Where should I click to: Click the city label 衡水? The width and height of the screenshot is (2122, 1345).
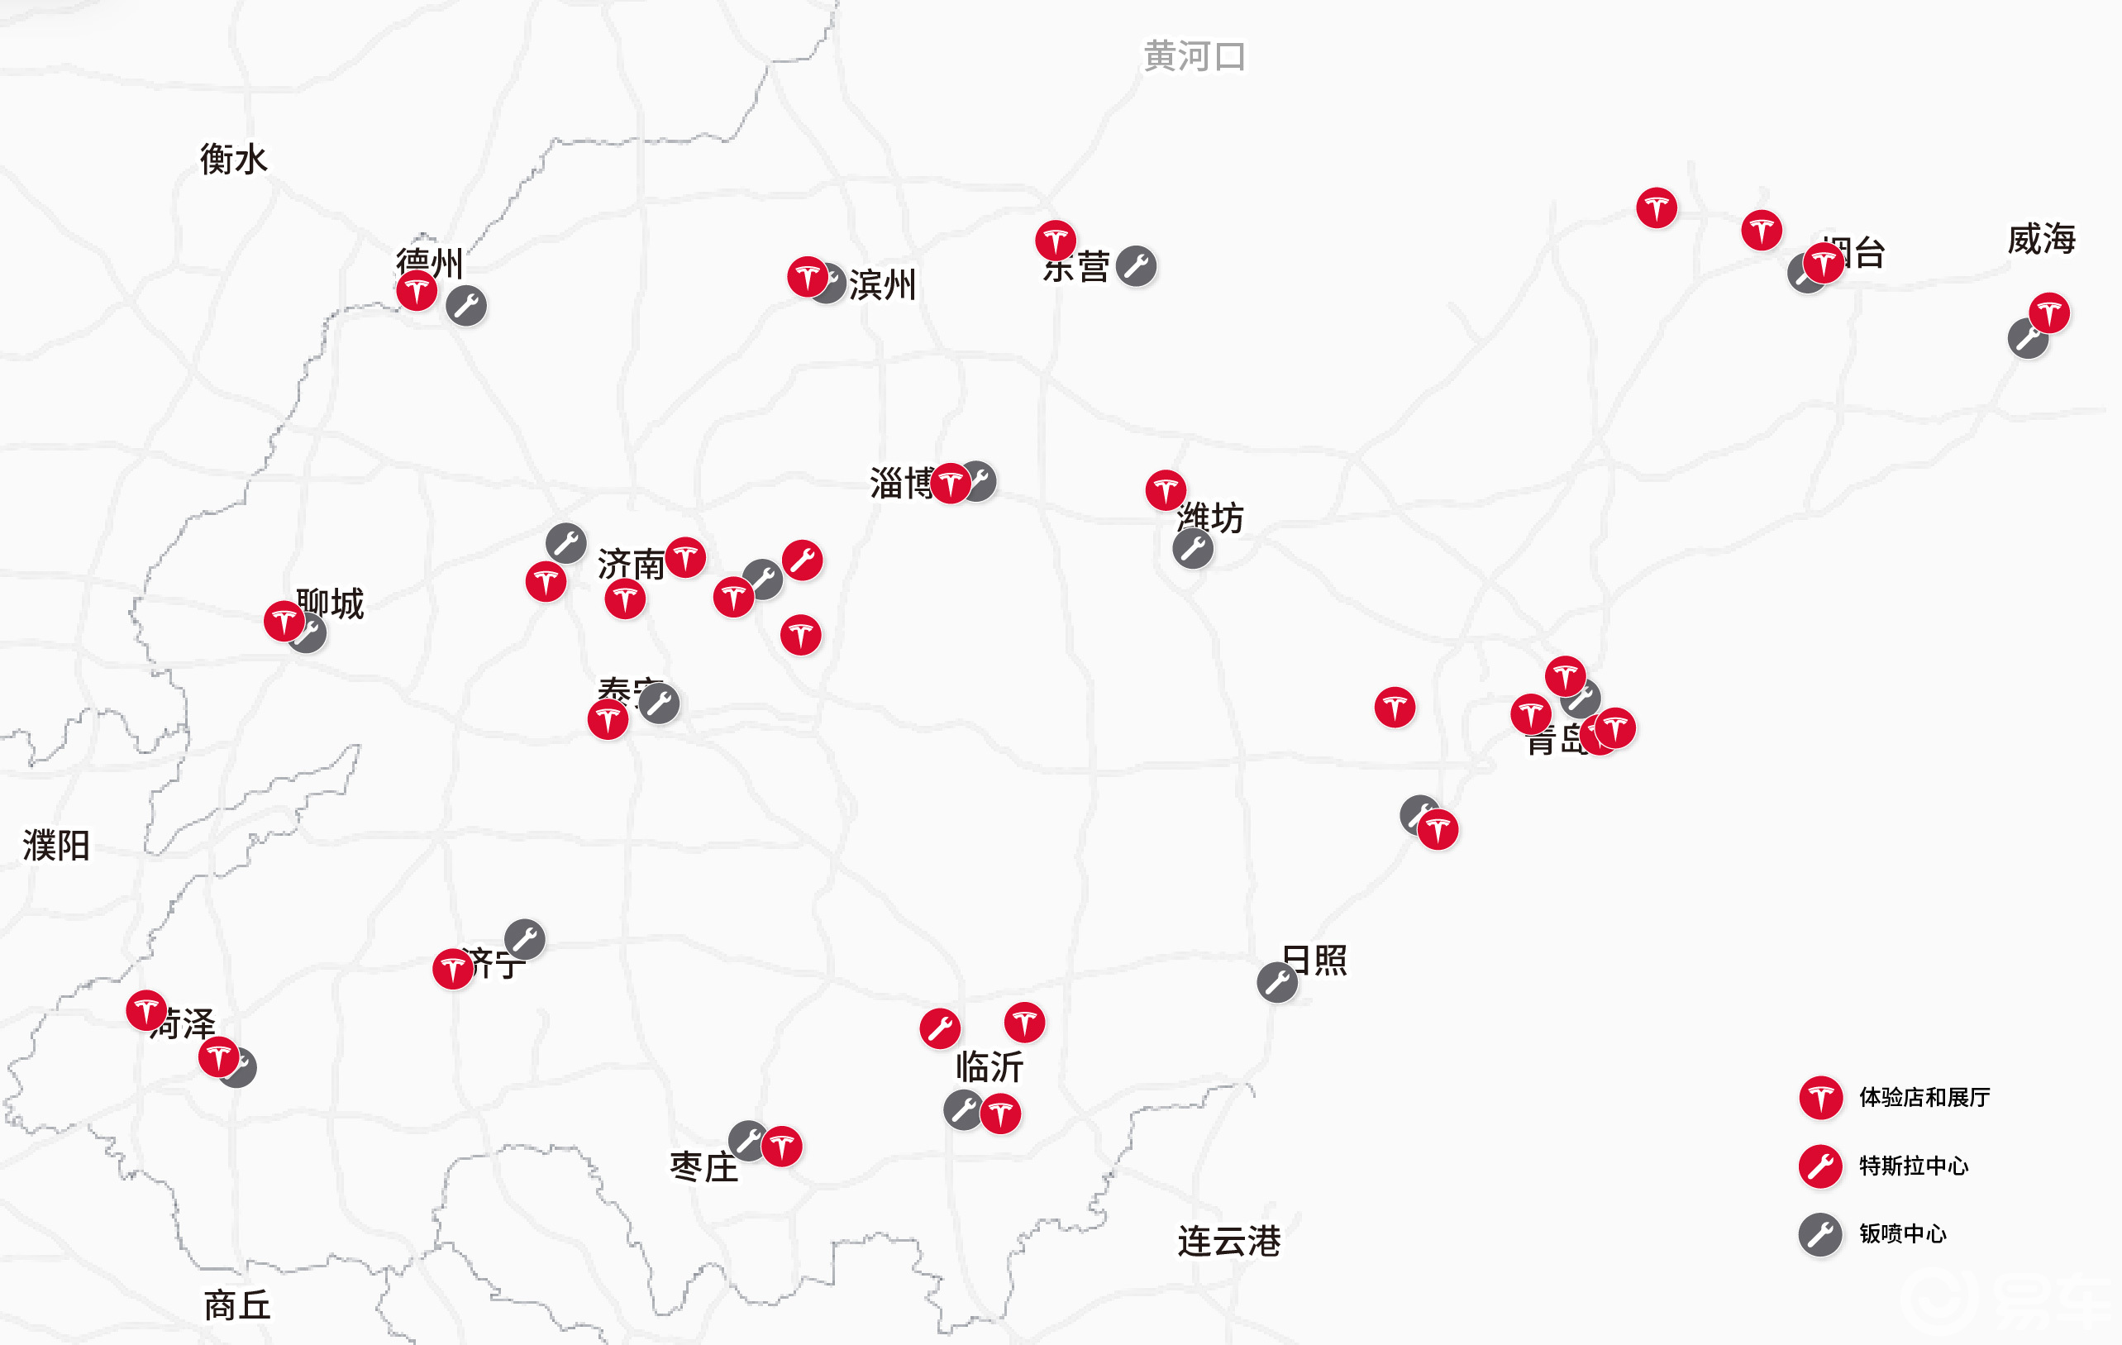(x=233, y=160)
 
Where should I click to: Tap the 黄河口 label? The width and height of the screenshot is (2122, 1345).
(x=1194, y=56)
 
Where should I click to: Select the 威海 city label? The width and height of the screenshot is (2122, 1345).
(x=2041, y=239)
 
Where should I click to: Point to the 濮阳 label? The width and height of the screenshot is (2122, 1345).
(x=56, y=845)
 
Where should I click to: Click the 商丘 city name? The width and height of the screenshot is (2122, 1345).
(x=237, y=1305)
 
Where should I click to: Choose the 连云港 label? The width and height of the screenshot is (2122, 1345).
(x=1228, y=1241)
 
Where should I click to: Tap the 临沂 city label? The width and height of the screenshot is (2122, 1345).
(x=989, y=1066)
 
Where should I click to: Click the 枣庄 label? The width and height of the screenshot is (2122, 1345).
(x=703, y=1167)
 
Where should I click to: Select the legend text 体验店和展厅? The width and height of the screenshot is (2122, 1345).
(x=1924, y=1097)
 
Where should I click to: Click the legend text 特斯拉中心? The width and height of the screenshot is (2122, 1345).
(x=1913, y=1166)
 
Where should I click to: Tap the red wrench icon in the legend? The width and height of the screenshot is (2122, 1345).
(x=1819, y=1166)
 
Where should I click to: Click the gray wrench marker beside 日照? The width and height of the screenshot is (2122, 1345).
(x=1277, y=982)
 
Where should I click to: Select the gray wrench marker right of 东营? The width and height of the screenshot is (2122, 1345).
(x=1136, y=266)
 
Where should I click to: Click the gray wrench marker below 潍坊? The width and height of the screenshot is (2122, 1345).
(x=1192, y=548)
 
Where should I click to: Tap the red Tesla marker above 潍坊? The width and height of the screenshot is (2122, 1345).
(x=1166, y=490)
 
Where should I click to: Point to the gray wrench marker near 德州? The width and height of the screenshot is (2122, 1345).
(x=466, y=306)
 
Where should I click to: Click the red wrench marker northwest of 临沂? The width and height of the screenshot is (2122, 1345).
(x=939, y=1028)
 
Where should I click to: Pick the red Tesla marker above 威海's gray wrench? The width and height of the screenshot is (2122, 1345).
(x=2049, y=312)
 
